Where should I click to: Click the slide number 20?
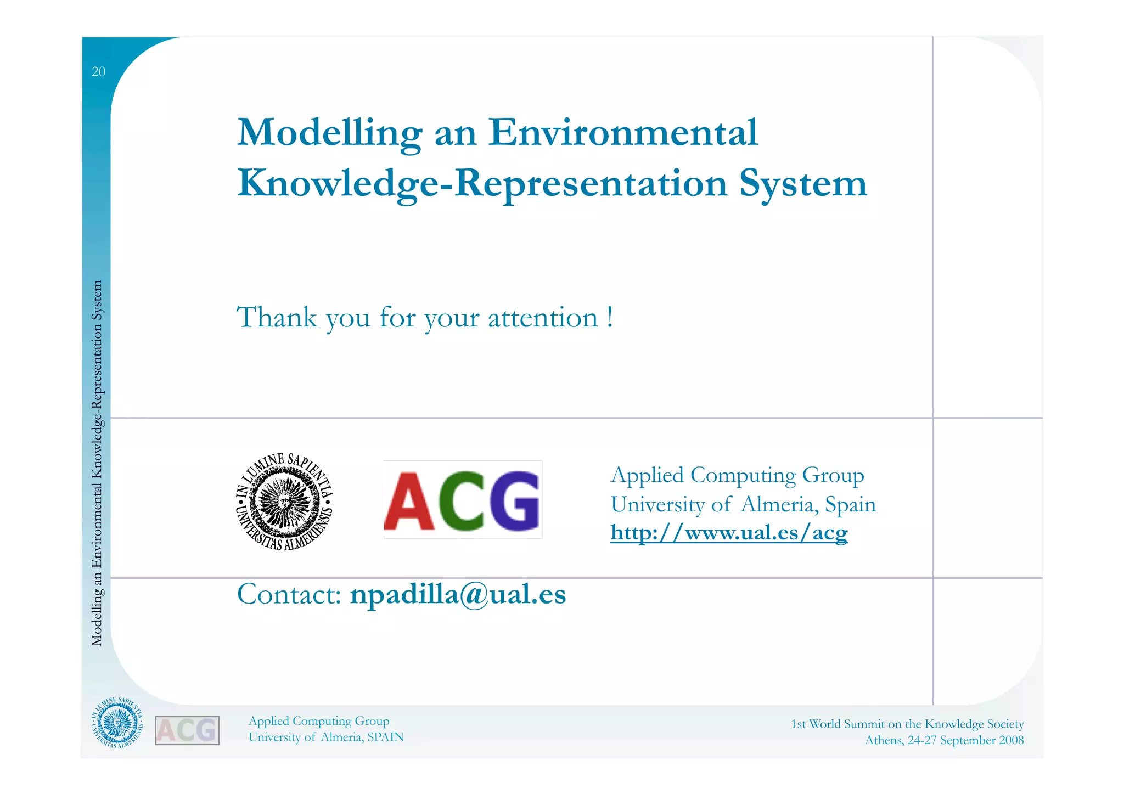tap(98, 72)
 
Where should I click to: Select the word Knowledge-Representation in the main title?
tap(482, 184)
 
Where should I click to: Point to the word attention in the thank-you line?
tap(542, 318)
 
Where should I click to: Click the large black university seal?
tap(284, 502)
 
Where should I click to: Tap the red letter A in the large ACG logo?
tap(409, 501)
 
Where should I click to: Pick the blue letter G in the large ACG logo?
tap(514, 501)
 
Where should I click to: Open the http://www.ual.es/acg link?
tap(729, 533)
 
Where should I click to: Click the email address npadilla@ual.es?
tap(458, 594)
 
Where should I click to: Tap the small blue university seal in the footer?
tap(116, 723)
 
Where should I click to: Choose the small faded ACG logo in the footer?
tap(187, 730)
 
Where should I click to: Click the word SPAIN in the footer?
tap(385, 737)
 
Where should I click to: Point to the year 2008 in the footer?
tap(1011, 740)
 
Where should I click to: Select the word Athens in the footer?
tap(884, 740)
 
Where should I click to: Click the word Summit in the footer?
tap(864, 724)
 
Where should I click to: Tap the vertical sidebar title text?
tap(97, 463)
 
